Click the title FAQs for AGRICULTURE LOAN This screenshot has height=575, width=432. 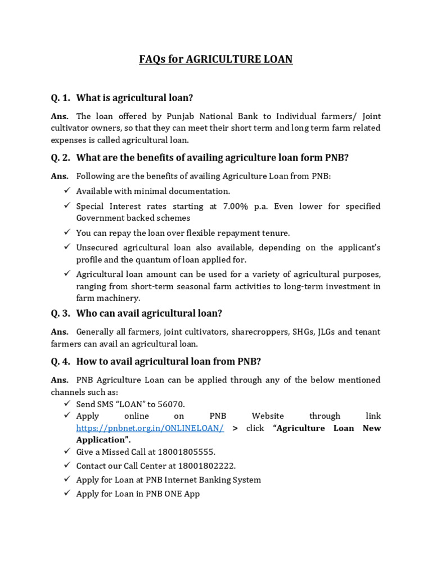(x=216, y=59)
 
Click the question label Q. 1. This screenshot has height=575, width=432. (x=60, y=98)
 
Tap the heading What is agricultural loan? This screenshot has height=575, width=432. (x=134, y=98)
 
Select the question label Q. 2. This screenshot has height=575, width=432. (x=60, y=158)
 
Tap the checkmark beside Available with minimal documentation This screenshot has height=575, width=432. (x=66, y=191)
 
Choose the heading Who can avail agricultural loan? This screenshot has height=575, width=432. (x=149, y=313)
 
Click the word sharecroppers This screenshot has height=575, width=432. (x=243, y=332)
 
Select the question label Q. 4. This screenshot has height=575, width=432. (x=60, y=361)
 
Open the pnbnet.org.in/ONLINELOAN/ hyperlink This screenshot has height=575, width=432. (x=150, y=428)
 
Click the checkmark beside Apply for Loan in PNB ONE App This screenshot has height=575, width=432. (x=66, y=493)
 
